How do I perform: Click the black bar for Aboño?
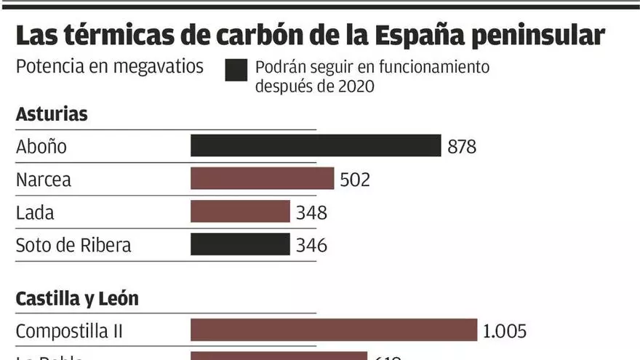(316, 145)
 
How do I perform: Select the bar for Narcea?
(262, 179)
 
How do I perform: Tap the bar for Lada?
(240, 212)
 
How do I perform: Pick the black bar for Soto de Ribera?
(240, 244)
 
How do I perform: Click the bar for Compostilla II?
(334, 330)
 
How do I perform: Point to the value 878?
(462, 146)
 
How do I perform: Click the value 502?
(355, 180)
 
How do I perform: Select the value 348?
(311, 212)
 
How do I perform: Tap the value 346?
(311, 245)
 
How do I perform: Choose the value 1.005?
(504, 331)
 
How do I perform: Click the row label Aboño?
(41, 146)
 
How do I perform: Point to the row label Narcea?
(44, 180)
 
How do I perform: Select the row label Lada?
(35, 212)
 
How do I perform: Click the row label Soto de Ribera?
(73, 245)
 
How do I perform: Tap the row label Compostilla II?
(69, 331)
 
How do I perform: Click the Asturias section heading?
(52, 113)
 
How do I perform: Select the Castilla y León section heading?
(77, 298)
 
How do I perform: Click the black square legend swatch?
(237, 71)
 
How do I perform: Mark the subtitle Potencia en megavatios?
(110, 67)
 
